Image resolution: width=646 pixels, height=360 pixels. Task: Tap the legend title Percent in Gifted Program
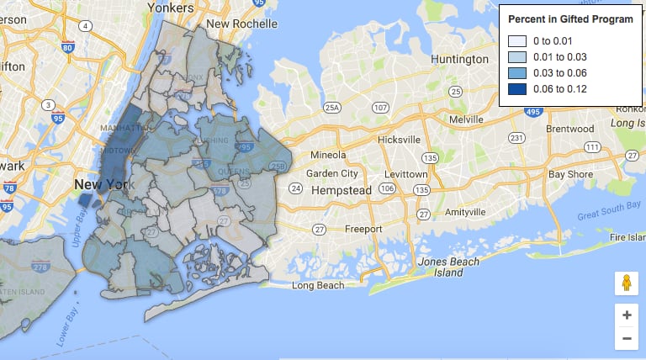(570, 19)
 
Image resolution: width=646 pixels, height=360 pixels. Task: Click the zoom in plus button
(627, 315)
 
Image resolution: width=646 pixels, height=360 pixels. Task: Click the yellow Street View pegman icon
(627, 283)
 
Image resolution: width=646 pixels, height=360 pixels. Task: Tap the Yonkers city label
(170, 7)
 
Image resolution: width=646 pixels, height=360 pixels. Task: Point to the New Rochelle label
(241, 24)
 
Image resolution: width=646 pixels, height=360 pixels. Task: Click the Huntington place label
(459, 60)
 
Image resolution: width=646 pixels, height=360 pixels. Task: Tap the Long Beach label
(318, 286)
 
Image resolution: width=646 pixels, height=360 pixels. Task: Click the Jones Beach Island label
(449, 267)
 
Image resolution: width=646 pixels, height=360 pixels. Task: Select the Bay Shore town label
(572, 174)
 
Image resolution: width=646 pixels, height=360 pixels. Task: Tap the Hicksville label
(399, 139)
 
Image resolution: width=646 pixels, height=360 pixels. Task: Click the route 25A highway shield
(333, 108)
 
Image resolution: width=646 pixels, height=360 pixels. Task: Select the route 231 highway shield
(517, 137)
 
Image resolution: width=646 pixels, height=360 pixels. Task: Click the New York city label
(100, 184)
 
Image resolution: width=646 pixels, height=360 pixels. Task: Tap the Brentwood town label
(570, 129)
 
